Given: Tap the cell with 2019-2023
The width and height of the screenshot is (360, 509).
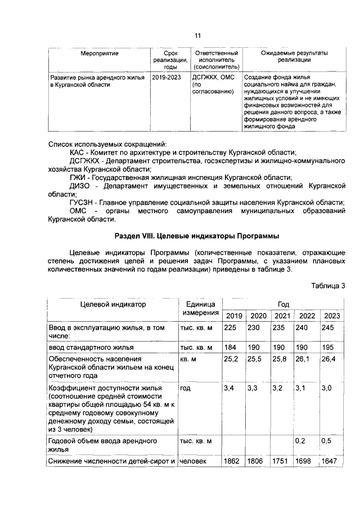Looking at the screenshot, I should [x=166, y=77].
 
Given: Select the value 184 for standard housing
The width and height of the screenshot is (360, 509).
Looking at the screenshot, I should [x=231, y=347].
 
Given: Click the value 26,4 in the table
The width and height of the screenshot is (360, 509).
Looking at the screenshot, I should [x=328, y=358].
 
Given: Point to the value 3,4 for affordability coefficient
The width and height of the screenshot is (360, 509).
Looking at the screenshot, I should [x=229, y=388].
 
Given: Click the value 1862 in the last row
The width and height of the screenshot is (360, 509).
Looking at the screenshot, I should [x=232, y=461].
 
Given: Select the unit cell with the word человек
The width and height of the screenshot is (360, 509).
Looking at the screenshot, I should [x=193, y=461].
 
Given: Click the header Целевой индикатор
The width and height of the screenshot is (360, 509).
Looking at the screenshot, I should [x=111, y=304].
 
